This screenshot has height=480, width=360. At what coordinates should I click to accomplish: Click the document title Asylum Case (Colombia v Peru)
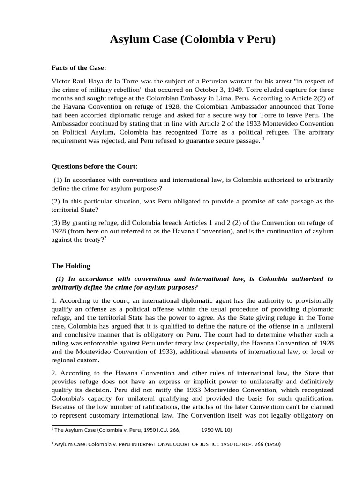tap(193, 40)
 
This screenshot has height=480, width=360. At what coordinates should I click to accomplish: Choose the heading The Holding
tap(71, 266)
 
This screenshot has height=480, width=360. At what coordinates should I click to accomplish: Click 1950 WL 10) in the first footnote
tap(217, 429)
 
